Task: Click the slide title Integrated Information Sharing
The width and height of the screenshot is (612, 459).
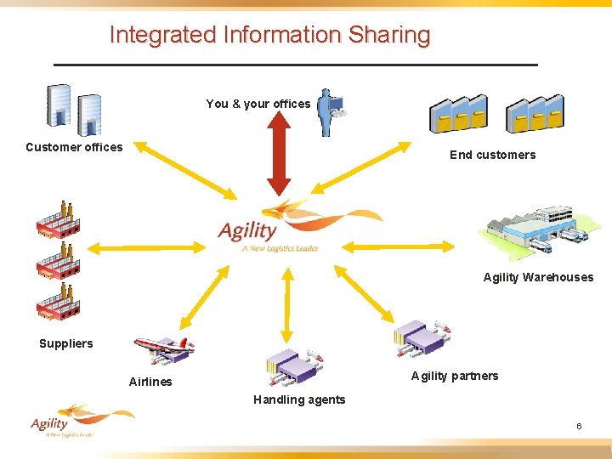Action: pyautogui.click(x=270, y=35)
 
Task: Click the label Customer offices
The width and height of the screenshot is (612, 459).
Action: pyautogui.click(x=74, y=147)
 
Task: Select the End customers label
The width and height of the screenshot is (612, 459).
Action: pyautogui.click(x=492, y=155)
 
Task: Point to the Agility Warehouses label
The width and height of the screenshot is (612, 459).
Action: pyautogui.click(x=538, y=277)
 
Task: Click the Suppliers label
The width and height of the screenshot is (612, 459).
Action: pyautogui.click(x=66, y=343)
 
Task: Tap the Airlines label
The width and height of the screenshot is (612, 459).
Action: pyautogui.click(x=150, y=382)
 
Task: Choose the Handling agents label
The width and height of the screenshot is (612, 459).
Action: pyautogui.click(x=299, y=399)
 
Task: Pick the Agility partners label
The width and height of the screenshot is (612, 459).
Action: pyautogui.click(x=455, y=376)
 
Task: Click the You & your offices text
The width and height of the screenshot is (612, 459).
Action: pyautogui.click(x=258, y=104)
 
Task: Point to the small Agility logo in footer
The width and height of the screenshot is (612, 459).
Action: pyautogui.click(x=76, y=420)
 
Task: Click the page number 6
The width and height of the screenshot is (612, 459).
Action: pyautogui.click(x=579, y=426)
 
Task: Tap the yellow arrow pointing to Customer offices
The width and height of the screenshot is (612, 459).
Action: pyautogui.click(x=184, y=170)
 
